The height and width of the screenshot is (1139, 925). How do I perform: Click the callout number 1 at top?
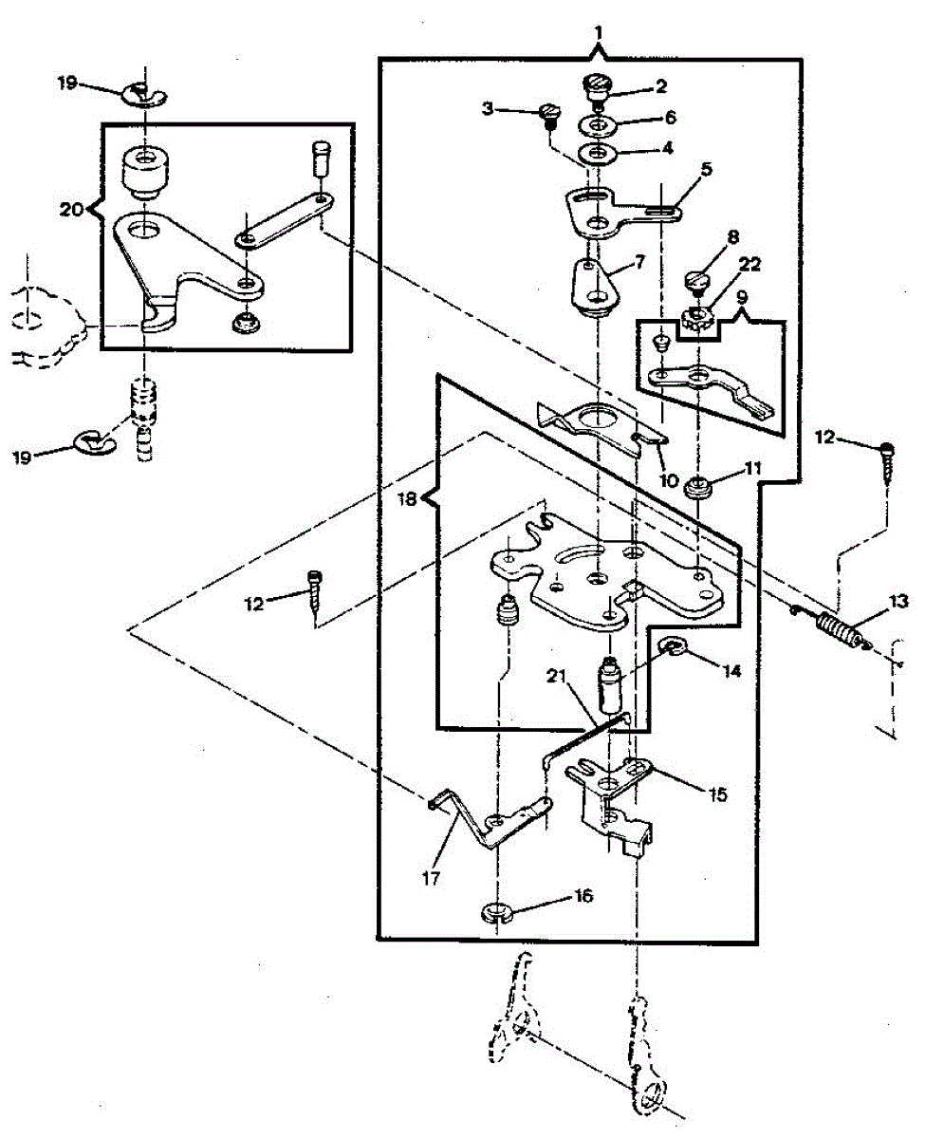point(598,32)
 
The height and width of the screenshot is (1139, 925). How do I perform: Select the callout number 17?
point(432,878)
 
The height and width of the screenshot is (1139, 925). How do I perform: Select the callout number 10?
point(670,480)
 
